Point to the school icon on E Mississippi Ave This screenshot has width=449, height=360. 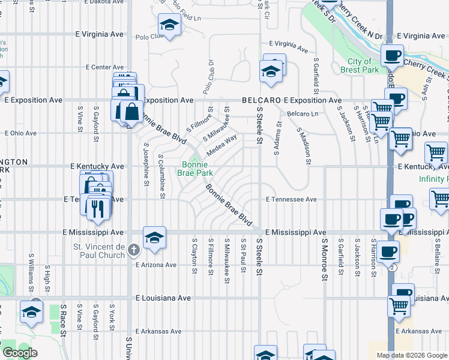[x=154, y=236]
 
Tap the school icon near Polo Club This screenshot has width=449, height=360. [x=169, y=26]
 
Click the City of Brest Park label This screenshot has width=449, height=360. [x=363, y=66]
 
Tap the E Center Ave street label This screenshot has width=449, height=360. [x=105, y=67]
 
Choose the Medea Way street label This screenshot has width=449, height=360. [x=221, y=145]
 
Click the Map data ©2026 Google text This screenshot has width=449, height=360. [x=412, y=355]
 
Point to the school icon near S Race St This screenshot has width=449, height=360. [x=31, y=311]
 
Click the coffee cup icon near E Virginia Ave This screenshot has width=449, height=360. [x=392, y=56]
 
